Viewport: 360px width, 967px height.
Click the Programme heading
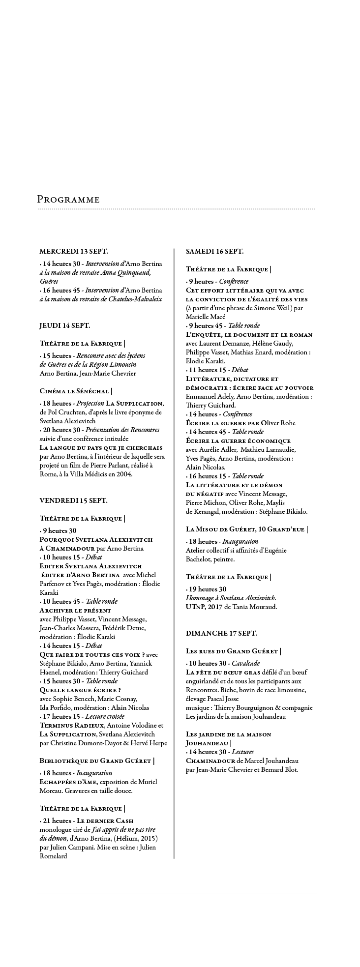[x=68, y=200]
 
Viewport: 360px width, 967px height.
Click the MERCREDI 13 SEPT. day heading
[x=74, y=251]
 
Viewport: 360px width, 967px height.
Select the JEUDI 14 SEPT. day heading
[x=65, y=325]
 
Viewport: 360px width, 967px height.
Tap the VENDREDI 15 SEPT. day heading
[x=73, y=500]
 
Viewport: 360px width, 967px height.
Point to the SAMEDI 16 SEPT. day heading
[x=214, y=251]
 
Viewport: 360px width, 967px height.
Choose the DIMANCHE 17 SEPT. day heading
[x=221, y=633]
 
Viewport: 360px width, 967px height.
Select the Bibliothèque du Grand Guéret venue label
[x=96, y=761]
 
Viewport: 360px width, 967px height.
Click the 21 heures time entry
[x=57, y=820]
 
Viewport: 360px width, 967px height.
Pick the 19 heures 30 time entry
[x=207, y=589]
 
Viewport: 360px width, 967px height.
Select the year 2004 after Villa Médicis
[x=122, y=474]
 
